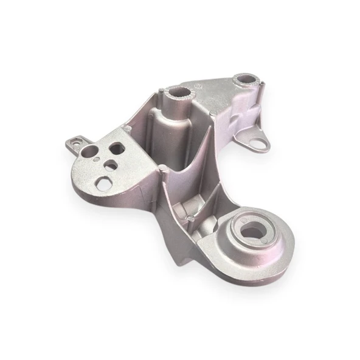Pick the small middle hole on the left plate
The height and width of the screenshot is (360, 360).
point(109,165)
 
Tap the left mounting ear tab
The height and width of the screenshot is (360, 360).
point(74,141)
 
